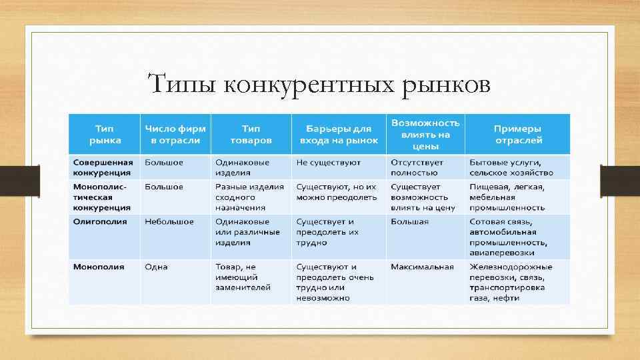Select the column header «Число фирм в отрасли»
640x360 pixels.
tap(175, 135)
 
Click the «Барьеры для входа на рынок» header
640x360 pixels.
tap(339, 135)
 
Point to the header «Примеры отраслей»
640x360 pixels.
tap(517, 135)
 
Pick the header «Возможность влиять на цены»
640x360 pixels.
tap(425, 135)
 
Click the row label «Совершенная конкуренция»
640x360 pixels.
tap(103, 168)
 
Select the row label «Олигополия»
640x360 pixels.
tap(100, 222)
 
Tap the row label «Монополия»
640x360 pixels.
tap(99, 267)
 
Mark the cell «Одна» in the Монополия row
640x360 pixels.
tap(156, 267)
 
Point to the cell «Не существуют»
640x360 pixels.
tap(329, 163)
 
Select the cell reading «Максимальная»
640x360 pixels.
tap(422, 267)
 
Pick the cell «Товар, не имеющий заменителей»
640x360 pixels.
tap(243, 277)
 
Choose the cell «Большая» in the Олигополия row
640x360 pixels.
tap(410, 222)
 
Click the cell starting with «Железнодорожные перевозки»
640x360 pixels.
tap(511, 282)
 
